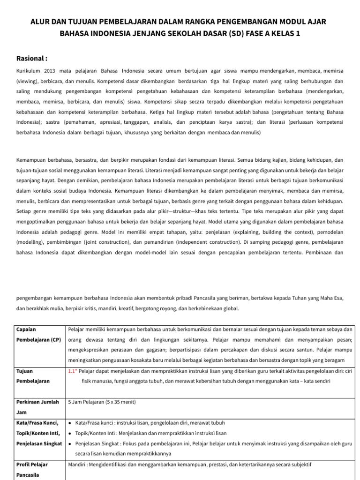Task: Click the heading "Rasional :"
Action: pos(32,59)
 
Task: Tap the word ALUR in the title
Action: pos(40,22)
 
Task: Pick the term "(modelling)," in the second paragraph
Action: pos(32,242)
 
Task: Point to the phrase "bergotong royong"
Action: pos(158,308)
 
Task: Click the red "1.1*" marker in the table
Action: pos(72,371)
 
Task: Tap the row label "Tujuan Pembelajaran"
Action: pos(33,376)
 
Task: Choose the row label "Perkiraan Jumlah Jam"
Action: pos(37,407)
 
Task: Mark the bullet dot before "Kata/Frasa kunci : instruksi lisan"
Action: pos(70,423)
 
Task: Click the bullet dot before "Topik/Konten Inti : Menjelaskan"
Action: pos(70,433)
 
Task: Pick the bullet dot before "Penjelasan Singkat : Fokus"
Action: pos(70,443)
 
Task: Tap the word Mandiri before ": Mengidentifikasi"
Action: pos(78,465)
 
